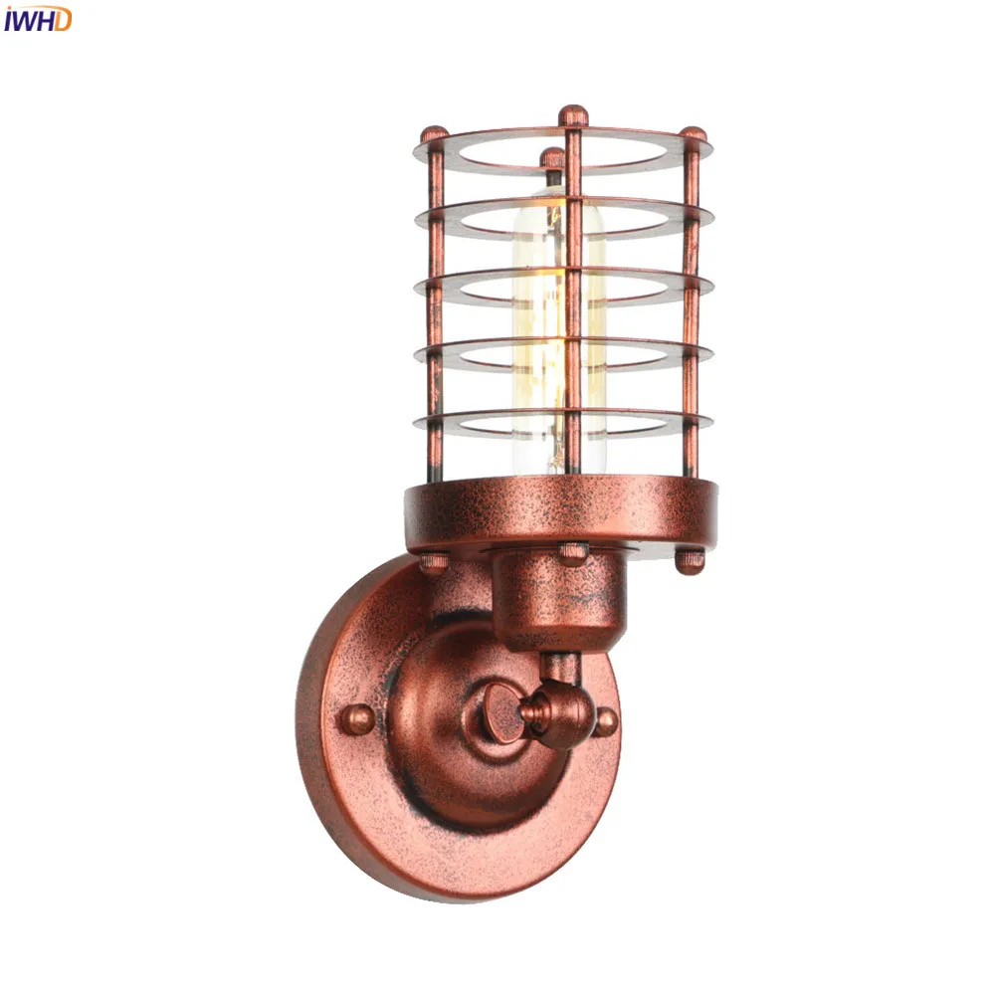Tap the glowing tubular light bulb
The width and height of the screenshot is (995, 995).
558,330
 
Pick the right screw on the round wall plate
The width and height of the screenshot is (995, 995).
605,722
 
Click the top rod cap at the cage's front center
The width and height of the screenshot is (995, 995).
573,115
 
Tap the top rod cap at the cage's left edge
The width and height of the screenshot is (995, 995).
435,135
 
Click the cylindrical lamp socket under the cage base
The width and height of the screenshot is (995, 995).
558,593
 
